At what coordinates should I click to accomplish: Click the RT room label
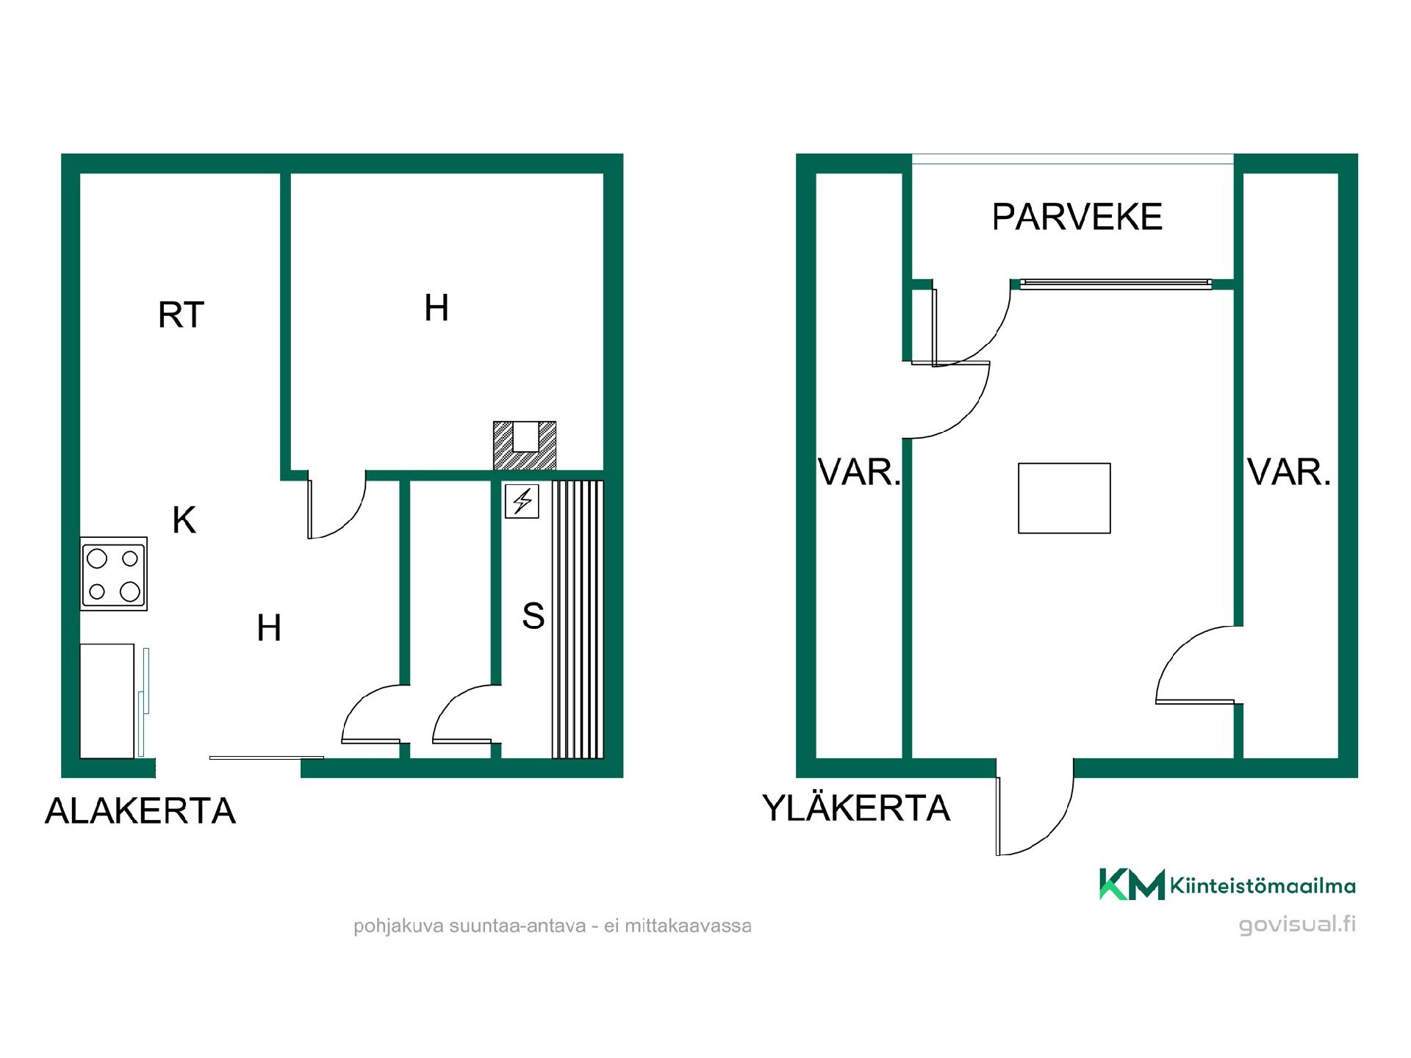[x=181, y=315]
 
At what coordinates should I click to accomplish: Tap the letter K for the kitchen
[x=184, y=520]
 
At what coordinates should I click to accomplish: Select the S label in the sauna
[x=533, y=616]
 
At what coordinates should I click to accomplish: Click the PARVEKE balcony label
[x=1077, y=217]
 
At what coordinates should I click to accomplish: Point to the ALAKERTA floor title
[x=140, y=811]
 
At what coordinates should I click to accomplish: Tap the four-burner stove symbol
[x=113, y=574]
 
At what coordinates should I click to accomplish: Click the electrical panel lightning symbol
[x=522, y=502]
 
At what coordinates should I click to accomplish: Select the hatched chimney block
[x=525, y=445]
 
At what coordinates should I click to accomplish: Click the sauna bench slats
[x=578, y=619]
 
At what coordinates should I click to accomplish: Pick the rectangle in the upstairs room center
[x=1064, y=498]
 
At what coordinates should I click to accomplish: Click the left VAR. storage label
[x=859, y=472]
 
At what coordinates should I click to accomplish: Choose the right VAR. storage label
[x=1289, y=472]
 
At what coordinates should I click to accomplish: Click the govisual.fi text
[x=1297, y=925]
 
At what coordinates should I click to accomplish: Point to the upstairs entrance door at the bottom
[x=1035, y=816]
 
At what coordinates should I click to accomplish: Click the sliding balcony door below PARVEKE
[x=1116, y=284]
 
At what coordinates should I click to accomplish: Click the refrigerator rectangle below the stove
[x=107, y=701]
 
